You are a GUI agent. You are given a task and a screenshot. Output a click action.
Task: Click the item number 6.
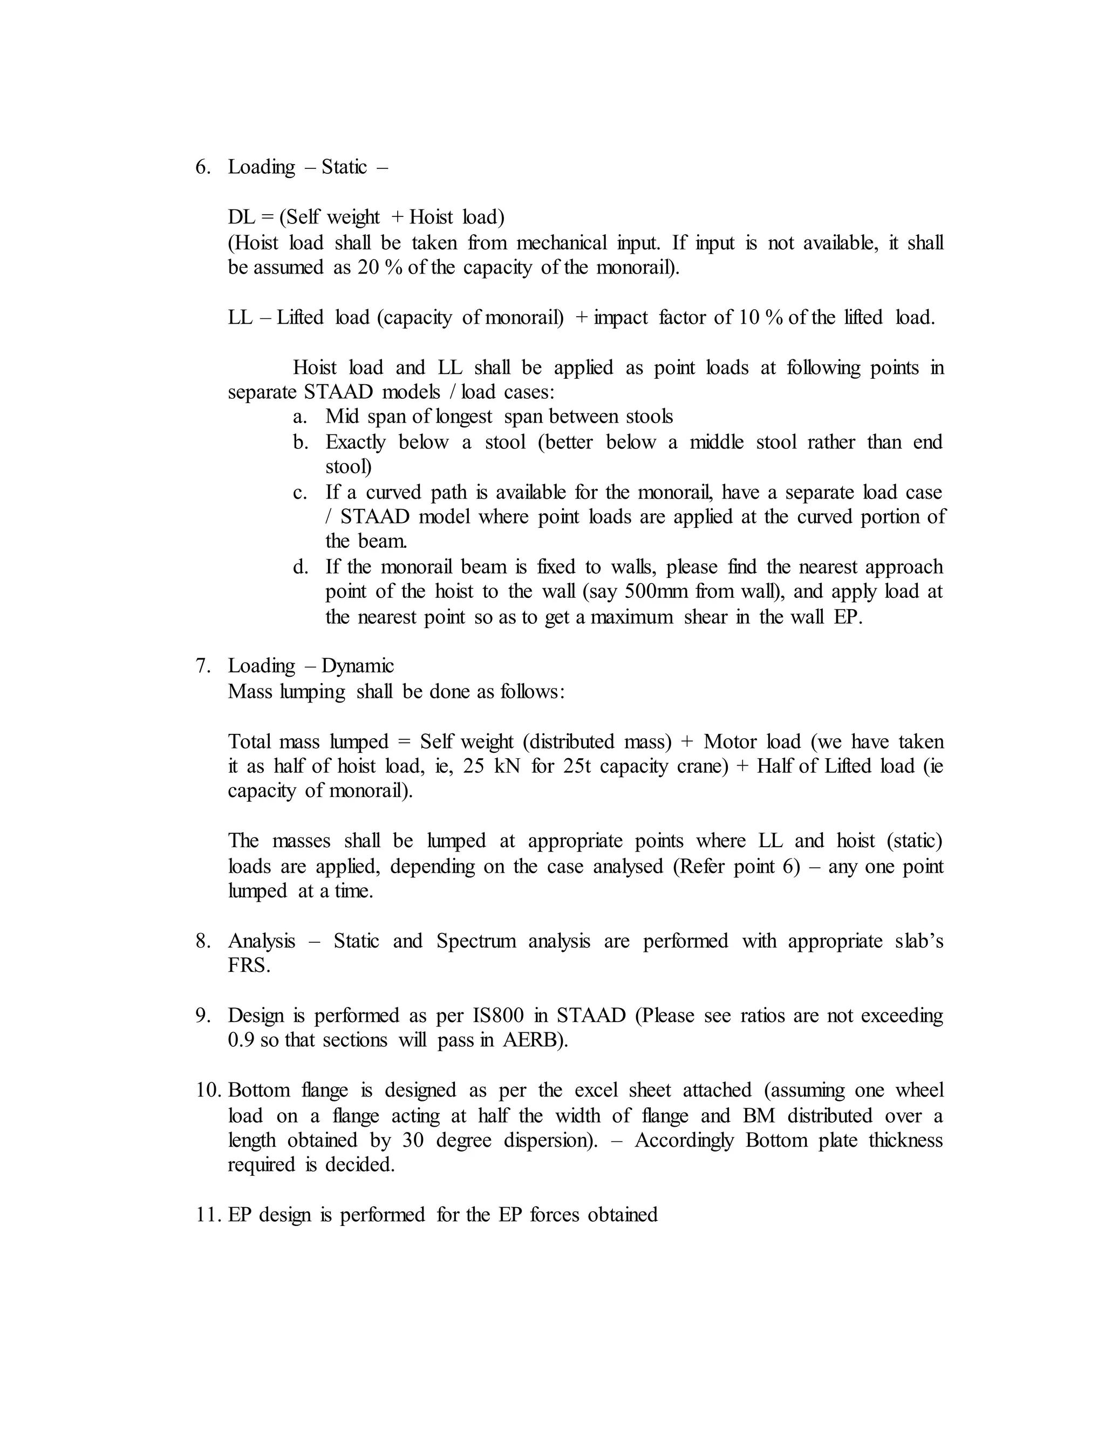click(x=202, y=167)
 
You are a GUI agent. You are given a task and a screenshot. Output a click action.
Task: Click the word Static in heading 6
click(x=344, y=167)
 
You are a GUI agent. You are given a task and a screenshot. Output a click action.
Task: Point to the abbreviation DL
click(x=241, y=217)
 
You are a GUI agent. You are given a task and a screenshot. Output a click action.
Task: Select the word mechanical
click(x=562, y=243)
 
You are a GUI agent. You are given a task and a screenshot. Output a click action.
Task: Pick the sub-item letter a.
click(x=300, y=417)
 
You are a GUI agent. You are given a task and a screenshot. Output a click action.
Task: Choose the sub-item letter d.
click(x=301, y=567)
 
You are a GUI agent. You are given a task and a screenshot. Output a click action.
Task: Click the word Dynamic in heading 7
click(x=357, y=666)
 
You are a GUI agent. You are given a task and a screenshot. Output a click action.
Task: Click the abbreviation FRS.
click(x=248, y=966)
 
